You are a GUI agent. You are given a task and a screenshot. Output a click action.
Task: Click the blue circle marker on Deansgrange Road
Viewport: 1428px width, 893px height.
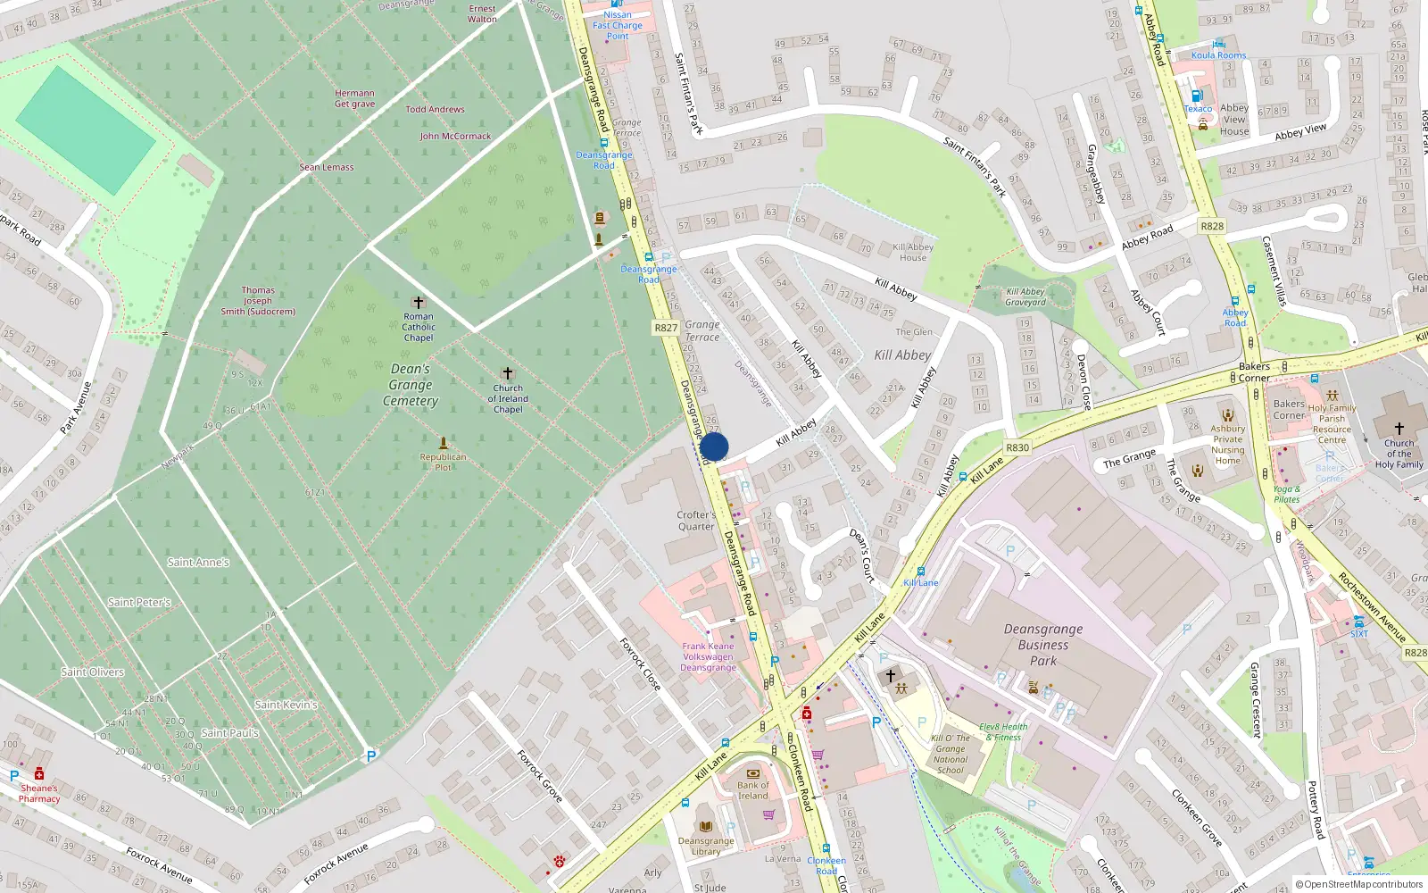coord(714,446)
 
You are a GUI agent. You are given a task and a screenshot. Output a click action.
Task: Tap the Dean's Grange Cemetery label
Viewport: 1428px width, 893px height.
coord(411,385)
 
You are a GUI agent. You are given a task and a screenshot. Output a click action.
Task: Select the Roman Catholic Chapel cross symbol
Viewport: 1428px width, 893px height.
coord(418,303)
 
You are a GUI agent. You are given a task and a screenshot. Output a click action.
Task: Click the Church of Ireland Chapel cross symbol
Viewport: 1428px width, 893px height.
coord(508,373)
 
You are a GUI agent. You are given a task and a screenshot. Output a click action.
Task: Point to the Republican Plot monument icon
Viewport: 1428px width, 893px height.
coord(443,443)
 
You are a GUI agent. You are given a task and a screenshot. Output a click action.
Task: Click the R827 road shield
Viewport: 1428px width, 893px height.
coord(666,328)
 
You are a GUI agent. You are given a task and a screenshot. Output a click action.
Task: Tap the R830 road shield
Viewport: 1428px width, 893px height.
coord(1017,447)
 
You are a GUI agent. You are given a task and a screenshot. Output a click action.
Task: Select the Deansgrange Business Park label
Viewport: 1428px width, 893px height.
coord(1043,645)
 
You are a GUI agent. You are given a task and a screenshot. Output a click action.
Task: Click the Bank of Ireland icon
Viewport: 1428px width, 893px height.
coord(753,773)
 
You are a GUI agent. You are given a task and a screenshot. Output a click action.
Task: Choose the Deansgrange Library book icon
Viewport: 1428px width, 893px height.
coord(706,827)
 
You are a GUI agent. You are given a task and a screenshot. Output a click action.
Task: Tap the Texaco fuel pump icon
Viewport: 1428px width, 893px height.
coord(1198,96)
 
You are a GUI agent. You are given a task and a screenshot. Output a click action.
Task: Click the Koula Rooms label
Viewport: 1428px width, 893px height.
coord(1218,55)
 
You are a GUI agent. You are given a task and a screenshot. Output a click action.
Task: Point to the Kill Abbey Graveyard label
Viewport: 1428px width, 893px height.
coord(1025,296)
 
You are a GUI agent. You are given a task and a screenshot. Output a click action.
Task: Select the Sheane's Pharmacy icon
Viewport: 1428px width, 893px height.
coord(39,773)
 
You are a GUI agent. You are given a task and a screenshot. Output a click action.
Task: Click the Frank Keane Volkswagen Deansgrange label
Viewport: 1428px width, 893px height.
coord(709,656)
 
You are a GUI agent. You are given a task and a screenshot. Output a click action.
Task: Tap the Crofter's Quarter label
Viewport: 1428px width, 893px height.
coord(696,521)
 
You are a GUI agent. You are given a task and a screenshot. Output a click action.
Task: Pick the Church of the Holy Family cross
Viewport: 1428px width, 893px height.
coord(1399,429)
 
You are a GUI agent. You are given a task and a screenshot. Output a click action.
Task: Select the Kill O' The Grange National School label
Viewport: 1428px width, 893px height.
coord(951,755)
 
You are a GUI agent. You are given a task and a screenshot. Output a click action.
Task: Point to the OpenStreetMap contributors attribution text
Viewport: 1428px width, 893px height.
coord(1359,884)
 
